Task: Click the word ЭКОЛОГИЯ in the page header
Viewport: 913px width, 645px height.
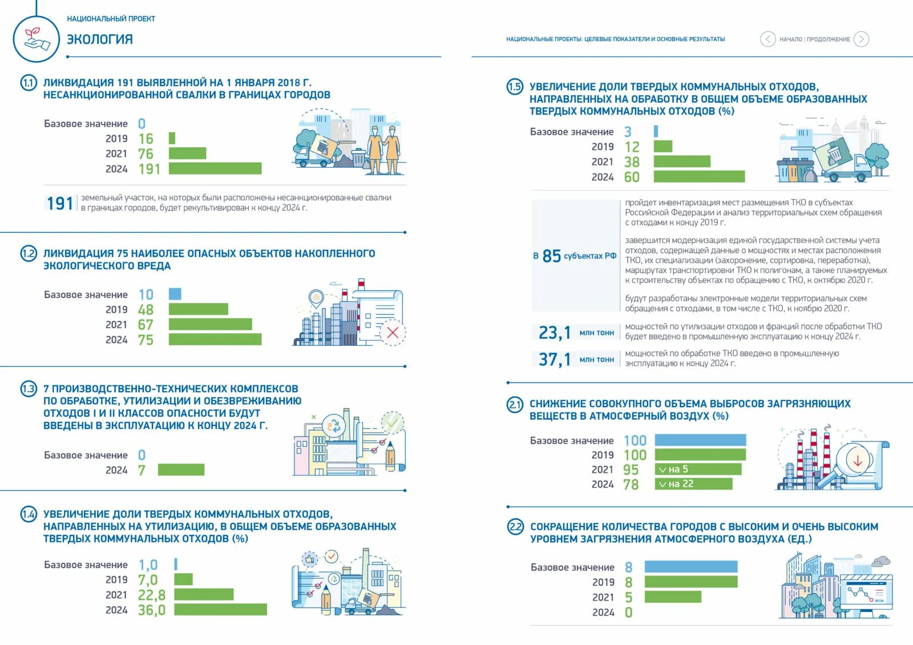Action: (x=100, y=39)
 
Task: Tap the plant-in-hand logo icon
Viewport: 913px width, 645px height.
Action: (x=36, y=38)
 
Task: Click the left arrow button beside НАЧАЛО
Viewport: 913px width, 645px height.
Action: (x=767, y=39)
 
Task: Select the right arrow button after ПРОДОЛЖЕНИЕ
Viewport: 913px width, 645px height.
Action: (x=861, y=39)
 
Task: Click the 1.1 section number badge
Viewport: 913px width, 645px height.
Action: (x=29, y=83)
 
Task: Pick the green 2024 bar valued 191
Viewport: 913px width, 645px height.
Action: (x=215, y=169)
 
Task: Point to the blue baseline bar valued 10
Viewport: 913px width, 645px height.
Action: (x=175, y=294)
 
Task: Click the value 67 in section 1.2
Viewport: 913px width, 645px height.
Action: (x=146, y=324)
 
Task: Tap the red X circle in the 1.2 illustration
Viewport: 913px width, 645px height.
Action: (x=393, y=332)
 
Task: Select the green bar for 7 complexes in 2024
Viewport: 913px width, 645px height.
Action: (x=181, y=470)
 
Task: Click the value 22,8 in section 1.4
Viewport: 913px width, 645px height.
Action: (x=151, y=595)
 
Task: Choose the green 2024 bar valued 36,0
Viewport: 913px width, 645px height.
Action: (x=220, y=610)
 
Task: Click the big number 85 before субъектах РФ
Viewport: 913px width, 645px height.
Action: (x=552, y=256)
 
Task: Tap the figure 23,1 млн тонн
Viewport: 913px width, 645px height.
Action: (x=555, y=332)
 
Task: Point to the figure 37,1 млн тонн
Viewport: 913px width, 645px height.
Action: (x=555, y=359)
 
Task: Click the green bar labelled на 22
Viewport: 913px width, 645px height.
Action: (x=693, y=484)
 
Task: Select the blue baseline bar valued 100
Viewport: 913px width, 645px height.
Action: (x=700, y=440)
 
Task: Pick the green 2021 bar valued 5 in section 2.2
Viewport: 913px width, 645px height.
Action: (x=673, y=597)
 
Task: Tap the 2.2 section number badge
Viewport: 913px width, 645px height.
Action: (x=515, y=526)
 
